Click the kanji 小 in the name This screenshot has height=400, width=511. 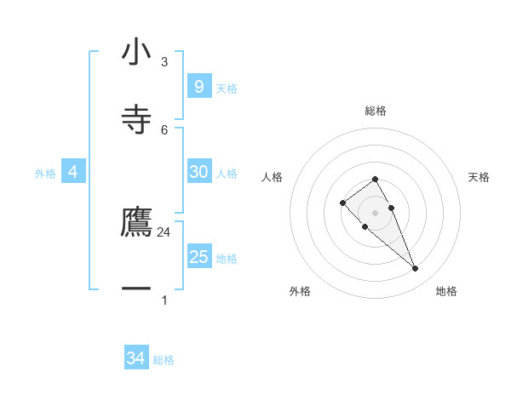click(x=136, y=53)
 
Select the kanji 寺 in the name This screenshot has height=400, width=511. click(x=136, y=120)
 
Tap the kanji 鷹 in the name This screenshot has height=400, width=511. click(x=136, y=222)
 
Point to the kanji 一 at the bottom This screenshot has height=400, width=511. click(x=136, y=289)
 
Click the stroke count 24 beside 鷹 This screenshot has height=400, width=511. click(x=164, y=231)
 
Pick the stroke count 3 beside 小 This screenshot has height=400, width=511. click(x=164, y=62)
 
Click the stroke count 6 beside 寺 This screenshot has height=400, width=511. click(x=164, y=129)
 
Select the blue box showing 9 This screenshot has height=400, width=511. click(x=198, y=86)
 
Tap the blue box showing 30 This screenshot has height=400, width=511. click(x=198, y=172)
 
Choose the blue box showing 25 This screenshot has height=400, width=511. click(x=198, y=257)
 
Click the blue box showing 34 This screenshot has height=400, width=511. click(x=135, y=358)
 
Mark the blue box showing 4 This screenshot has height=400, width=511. click(x=72, y=172)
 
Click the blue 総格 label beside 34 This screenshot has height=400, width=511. click(x=164, y=360)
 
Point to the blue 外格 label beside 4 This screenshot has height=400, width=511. click(x=45, y=174)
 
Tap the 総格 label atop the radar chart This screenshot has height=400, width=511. click(x=376, y=111)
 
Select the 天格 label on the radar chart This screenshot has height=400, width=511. click(x=479, y=177)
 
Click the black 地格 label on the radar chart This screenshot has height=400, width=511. click(x=446, y=291)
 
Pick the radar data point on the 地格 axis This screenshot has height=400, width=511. click(x=415, y=269)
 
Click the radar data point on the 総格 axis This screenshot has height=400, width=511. click(x=375, y=179)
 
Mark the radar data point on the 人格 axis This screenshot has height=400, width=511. click(x=342, y=203)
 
